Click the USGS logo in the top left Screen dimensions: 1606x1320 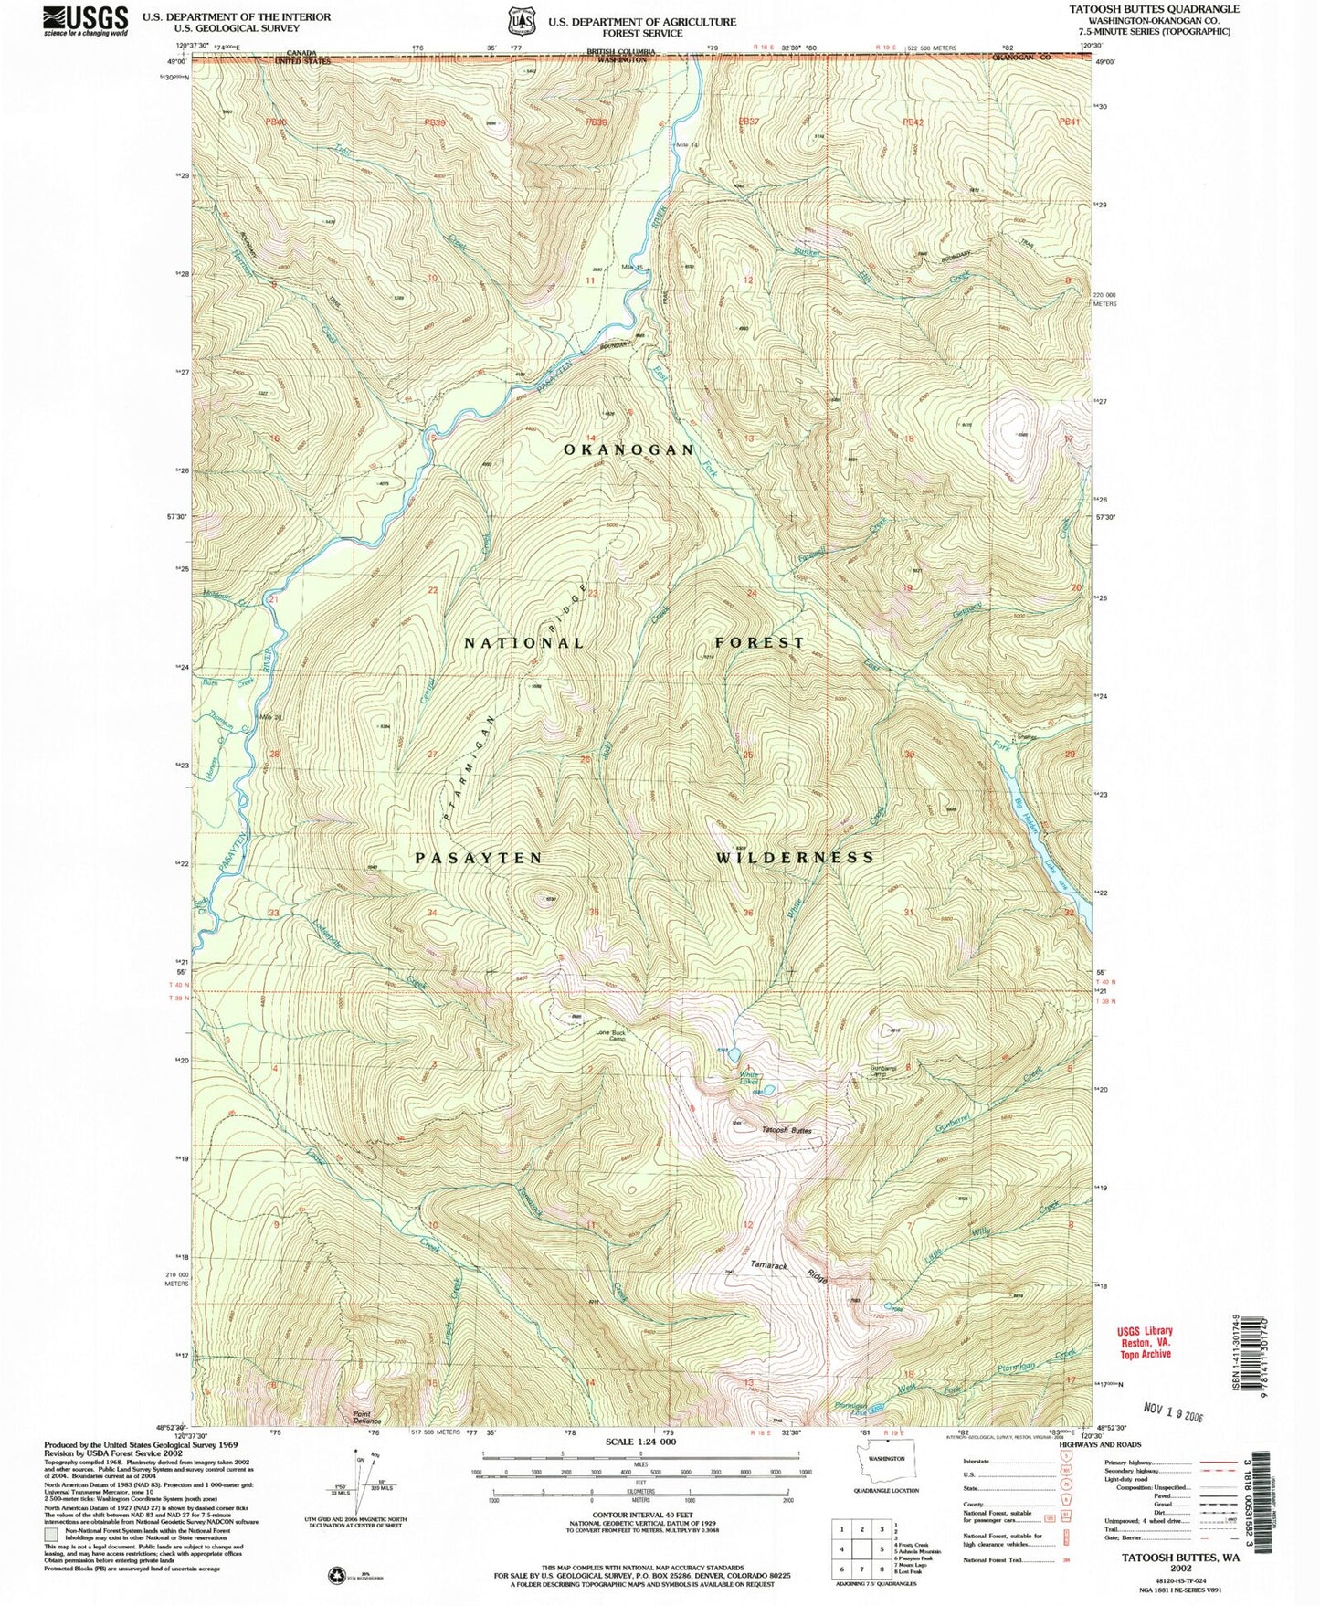coord(85,20)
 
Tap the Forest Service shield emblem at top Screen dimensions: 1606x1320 coord(521,20)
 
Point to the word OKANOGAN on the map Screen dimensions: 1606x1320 coord(629,449)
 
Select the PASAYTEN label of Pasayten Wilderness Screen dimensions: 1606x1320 coord(479,858)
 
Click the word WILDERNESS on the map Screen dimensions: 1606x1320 coord(795,858)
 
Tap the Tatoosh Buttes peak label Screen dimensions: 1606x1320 coord(787,1131)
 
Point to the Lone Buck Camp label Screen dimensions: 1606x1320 coord(611,1036)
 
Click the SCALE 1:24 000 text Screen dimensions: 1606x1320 coord(640,1441)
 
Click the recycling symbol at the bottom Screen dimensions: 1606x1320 coord(334,1574)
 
